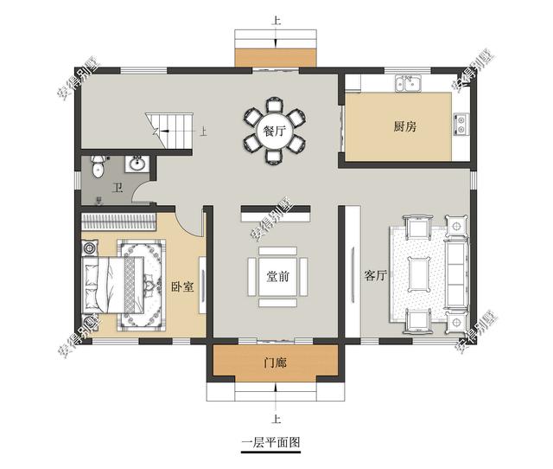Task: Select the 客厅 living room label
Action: (x=375, y=276)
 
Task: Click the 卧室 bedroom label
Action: (x=181, y=286)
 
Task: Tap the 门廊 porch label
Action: (x=274, y=363)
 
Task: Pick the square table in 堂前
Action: (x=277, y=277)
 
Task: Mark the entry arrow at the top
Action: (x=275, y=38)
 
